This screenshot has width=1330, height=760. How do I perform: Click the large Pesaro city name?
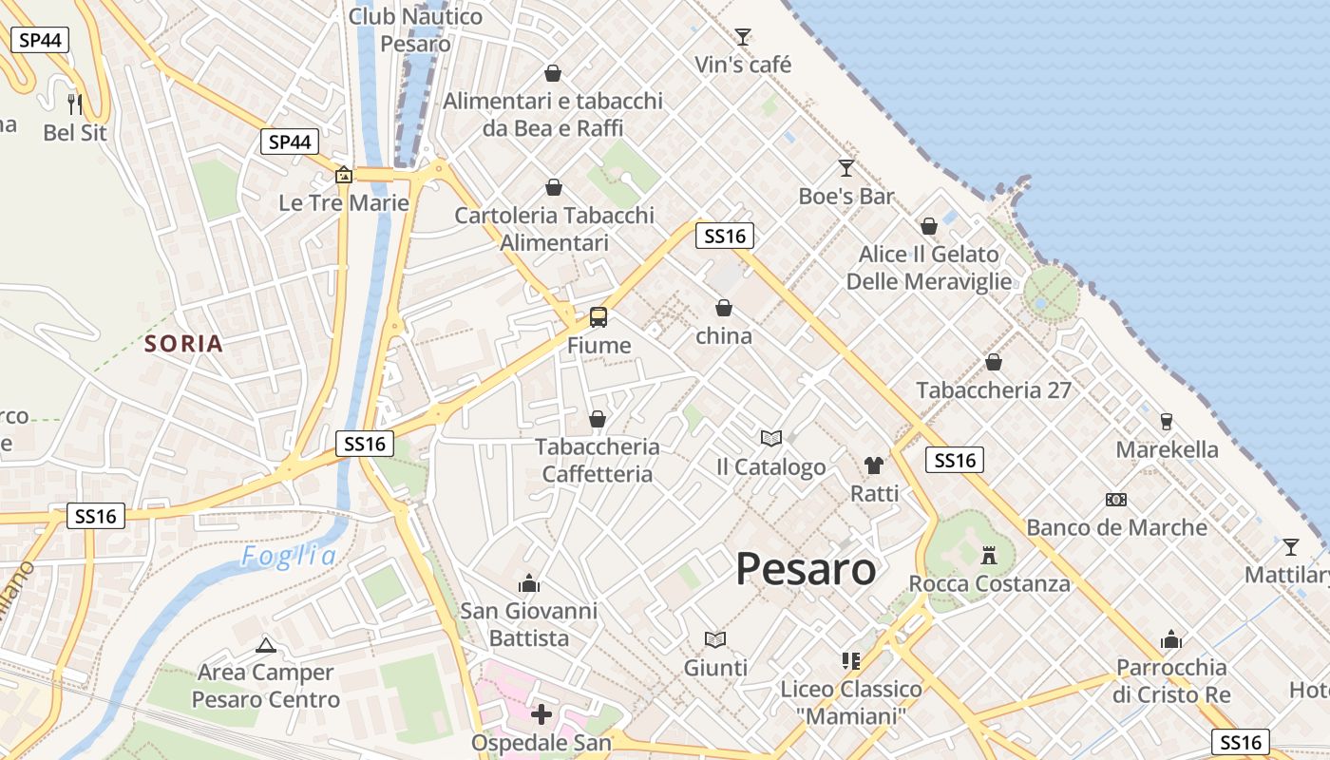806,569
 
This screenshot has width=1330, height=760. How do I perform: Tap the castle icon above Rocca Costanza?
989,555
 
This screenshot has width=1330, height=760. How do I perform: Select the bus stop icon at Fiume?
598,317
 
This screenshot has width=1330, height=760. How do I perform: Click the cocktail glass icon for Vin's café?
743,37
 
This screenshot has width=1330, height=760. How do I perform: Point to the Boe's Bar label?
846,197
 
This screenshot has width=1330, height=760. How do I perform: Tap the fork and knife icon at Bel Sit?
75,104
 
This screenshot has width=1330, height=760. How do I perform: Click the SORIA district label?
184,344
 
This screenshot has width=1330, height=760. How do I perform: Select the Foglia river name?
289,557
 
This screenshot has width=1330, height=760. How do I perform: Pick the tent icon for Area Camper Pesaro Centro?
266,645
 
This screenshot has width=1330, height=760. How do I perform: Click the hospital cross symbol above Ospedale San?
541,713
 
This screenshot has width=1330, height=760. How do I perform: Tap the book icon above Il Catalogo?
771,439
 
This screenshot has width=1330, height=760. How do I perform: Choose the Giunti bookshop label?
715,668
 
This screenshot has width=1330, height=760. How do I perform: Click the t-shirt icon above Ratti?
874,465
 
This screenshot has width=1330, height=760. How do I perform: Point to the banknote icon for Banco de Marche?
1116,500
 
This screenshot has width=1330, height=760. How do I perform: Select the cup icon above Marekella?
1167,422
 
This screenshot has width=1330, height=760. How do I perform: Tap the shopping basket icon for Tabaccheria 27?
994,362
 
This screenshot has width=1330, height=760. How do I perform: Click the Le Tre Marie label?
344,202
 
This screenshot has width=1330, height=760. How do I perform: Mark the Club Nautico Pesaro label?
415,29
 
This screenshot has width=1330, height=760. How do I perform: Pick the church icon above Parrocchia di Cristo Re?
1171,639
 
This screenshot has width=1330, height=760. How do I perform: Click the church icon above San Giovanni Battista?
529,582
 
